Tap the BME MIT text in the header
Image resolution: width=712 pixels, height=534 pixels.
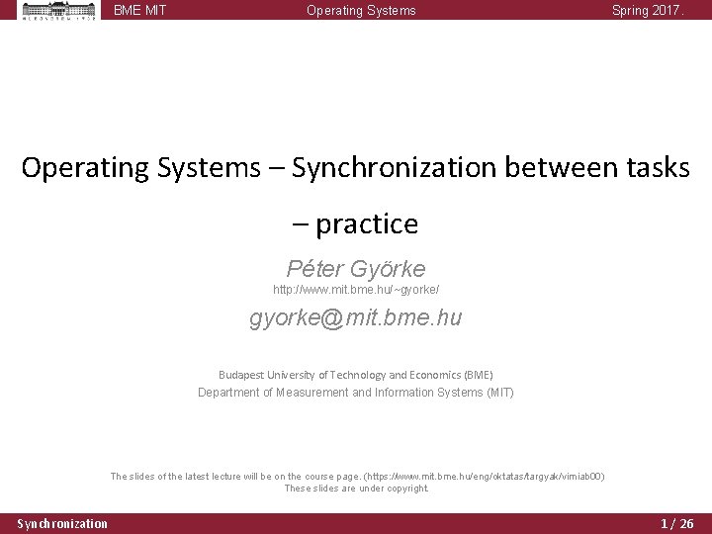tap(139, 11)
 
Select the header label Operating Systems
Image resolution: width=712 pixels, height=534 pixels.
tap(361, 11)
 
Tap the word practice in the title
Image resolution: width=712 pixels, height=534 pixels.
tap(367, 224)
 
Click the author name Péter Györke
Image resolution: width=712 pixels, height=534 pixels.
tap(355, 268)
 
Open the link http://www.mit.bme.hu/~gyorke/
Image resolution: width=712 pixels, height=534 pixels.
tap(356, 290)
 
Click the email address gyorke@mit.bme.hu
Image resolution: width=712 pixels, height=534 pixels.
tap(356, 318)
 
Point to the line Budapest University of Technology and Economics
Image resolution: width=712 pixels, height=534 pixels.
tap(355, 375)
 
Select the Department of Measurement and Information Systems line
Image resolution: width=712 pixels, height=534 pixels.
tap(355, 393)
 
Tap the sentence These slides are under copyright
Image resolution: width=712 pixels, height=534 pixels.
tap(356, 489)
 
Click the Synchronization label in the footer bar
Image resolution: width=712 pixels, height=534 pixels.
tap(62, 523)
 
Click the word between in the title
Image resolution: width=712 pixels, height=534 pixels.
tap(556, 168)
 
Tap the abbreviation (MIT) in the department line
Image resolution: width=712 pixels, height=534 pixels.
tap(499, 393)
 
